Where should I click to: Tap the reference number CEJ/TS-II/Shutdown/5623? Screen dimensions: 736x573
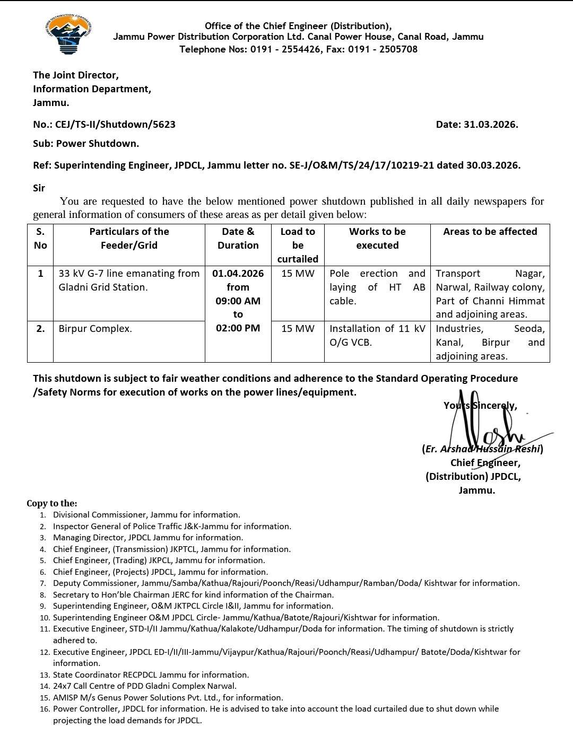[x=115, y=125]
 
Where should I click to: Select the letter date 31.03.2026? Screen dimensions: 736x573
[x=490, y=125]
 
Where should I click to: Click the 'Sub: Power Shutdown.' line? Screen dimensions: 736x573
[x=86, y=144]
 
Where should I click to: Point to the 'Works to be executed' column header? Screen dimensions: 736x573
[x=377, y=239]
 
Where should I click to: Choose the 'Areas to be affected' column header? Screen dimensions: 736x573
[x=490, y=232]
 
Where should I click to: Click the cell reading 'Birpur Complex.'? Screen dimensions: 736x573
[x=95, y=329]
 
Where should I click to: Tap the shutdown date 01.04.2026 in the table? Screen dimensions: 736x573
[x=238, y=274]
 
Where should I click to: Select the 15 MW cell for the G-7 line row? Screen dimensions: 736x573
[x=298, y=274]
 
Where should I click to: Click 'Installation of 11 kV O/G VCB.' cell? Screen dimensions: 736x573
[x=377, y=336]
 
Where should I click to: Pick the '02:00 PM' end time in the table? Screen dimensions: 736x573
[x=238, y=328]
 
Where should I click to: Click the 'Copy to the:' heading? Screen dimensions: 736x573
[x=52, y=503]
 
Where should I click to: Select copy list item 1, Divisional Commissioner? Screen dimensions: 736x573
[x=146, y=515]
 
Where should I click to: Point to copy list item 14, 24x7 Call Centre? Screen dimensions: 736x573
[x=144, y=686]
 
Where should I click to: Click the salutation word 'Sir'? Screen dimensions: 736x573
[x=39, y=188]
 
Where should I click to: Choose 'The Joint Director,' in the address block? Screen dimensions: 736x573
[x=76, y=75]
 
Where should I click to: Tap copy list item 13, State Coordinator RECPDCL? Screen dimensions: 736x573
[x=151, y=675]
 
